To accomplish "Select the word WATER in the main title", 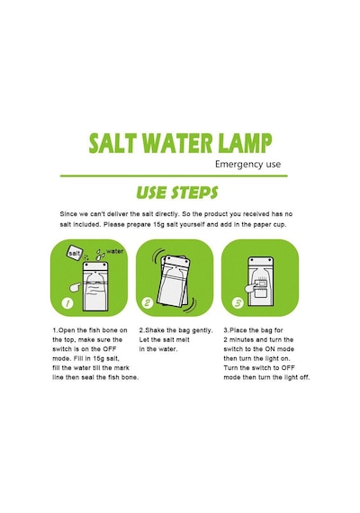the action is pyautogui.click(x=176, y=143).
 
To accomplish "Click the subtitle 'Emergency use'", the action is pyautogui.click(x=247, y=164).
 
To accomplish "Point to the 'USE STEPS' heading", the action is pyautogui.click(x=177, y=193).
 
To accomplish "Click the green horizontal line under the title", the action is pyautogui.click(x=174, y=176).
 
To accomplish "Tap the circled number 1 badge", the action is pyautogui.click(x=67, y=303).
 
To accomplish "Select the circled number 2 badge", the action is pyautogui.click(x=148, y=303).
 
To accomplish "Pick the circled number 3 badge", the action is pyautogui.click(x=238, y=303).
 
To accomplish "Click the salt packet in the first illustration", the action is pyautogui.click(x=75, y=253).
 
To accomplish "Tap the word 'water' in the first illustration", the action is pyautogui.click(x=114, y=251).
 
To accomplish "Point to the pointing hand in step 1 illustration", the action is pyautogui.click(x=76, y=287).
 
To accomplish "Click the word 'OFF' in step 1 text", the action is pyautogui.click(x=110, y=349).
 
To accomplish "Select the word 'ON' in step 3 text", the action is pyautogui.click(x=271, y=349).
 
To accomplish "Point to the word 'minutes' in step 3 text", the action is pyautogui.click(x=241, y=339).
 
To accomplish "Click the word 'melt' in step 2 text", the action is pyautogui.click(x=183, y=339).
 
